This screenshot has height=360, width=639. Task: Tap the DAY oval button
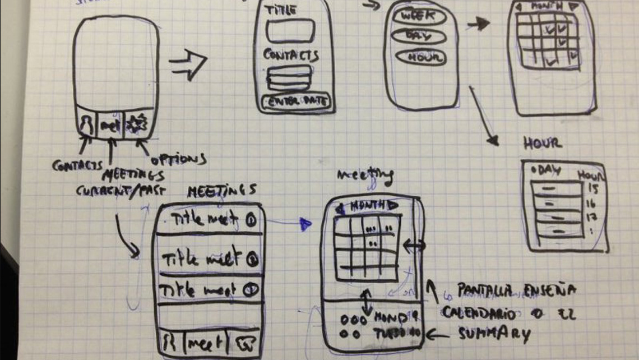point(419,36)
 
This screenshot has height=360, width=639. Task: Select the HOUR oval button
point(420,57)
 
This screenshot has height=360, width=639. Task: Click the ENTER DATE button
point(297,102)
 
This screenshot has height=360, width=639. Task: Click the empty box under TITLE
point(290,30)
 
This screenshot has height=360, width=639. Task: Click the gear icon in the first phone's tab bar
point(137,124)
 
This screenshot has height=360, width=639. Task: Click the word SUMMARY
point(494,334)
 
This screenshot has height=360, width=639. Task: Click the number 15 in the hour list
point(594,188)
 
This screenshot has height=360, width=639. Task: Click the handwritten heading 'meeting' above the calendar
point(365,176)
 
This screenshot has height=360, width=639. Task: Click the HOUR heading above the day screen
point(542,143)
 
